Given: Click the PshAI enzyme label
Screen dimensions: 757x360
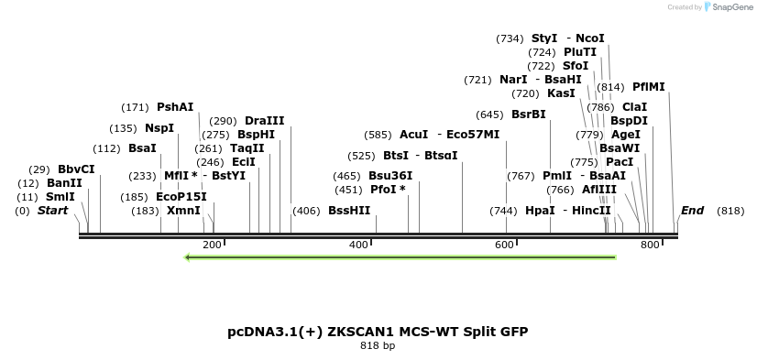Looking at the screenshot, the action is tap(175, 107).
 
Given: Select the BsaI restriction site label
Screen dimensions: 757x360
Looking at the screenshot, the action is tap(142, 148).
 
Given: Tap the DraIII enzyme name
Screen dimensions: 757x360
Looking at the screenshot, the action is tap(265, 121).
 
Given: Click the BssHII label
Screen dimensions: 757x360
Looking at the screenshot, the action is tap(349, 211).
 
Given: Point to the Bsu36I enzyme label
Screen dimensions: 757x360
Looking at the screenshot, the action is tap(390, 176).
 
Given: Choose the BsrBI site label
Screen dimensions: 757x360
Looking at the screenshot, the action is tap(528, 115).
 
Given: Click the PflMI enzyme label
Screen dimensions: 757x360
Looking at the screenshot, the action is tap(649, 88).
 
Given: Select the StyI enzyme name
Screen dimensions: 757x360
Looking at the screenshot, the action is tap(544, 38).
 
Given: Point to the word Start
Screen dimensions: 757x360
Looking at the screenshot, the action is tap(52, 211).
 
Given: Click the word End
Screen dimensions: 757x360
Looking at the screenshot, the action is tap(692, 211).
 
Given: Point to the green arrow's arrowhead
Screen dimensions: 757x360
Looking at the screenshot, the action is tap(188, 257).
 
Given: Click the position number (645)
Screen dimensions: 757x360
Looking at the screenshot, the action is tap(490, 115).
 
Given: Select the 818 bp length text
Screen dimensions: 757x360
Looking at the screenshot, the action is tap(378, 346).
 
